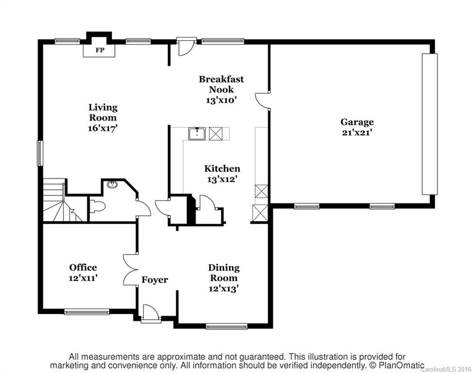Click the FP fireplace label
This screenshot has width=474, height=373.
point(99,50)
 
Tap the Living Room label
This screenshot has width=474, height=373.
point(102,112)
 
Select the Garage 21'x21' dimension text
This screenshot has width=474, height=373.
point(357,133)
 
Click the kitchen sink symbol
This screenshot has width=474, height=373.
point(197,134)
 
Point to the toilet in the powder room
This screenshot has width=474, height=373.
point(98,207)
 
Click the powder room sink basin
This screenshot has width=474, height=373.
point(112,185)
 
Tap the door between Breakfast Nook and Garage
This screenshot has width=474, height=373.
point(262,101)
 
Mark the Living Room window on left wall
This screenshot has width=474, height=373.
point(40,153)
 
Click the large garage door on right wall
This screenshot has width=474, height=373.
point(429,124)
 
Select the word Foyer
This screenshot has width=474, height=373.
point(154,280)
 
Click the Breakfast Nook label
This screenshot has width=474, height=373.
point(221,84)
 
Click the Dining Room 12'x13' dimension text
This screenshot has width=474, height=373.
point(224,288)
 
